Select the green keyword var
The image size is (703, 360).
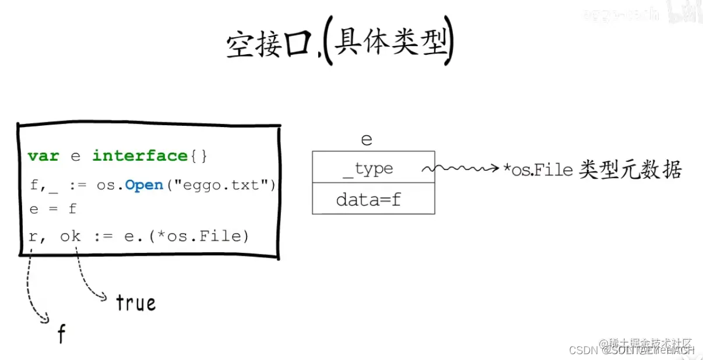[43, 156]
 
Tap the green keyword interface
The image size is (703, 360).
[139, 156]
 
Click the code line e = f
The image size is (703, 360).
[53, 209]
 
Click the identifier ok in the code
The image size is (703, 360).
[71, 236]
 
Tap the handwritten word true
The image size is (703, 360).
[135, 303]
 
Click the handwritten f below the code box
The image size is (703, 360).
[61, 334]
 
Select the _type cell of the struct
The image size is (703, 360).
[373, 169]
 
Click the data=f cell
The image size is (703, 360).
[373, 200]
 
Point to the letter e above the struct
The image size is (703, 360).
[366, 140]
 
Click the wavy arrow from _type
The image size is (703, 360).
[461, 169]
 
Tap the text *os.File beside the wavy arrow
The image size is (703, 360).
[539, 170]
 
